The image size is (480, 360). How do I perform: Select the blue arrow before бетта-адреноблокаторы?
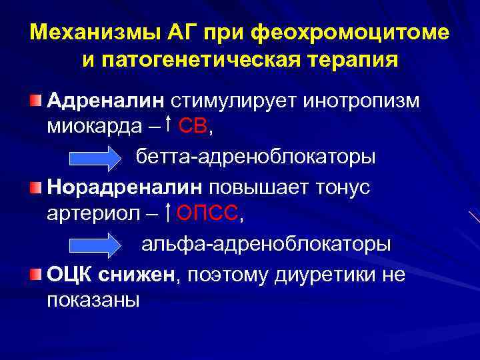coord(94,157)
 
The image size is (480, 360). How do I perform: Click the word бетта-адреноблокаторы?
coord(256,157)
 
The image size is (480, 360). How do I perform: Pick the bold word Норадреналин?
coord(126,187)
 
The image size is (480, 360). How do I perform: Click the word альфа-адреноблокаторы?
coord(265,244)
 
